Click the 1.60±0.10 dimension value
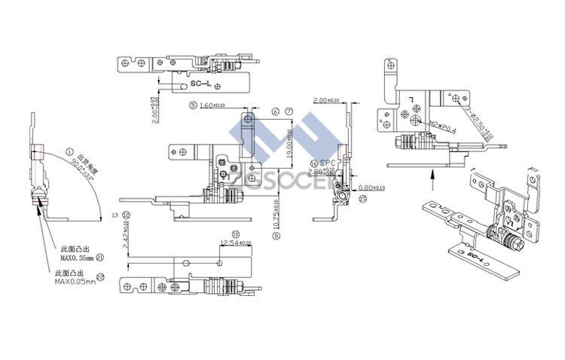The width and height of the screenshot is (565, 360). click(x=213, y=106)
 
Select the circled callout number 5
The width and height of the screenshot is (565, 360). click(x=193, y=105)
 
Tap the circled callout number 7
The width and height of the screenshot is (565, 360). click(x=289, y=111)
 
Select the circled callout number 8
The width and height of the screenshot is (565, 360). click(x=276, y=236)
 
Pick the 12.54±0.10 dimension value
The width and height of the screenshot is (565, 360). click(x=235, y=243)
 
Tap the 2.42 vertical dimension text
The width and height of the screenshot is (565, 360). click(x=126, y=237)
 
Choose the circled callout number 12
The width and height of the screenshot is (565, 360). click(x=126, y=215)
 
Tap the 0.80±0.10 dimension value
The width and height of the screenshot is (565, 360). click(x=372, y=188)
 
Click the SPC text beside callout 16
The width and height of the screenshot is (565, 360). click(x=326, y=163)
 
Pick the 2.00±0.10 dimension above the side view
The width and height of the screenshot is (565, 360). click(x=325, y=100)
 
